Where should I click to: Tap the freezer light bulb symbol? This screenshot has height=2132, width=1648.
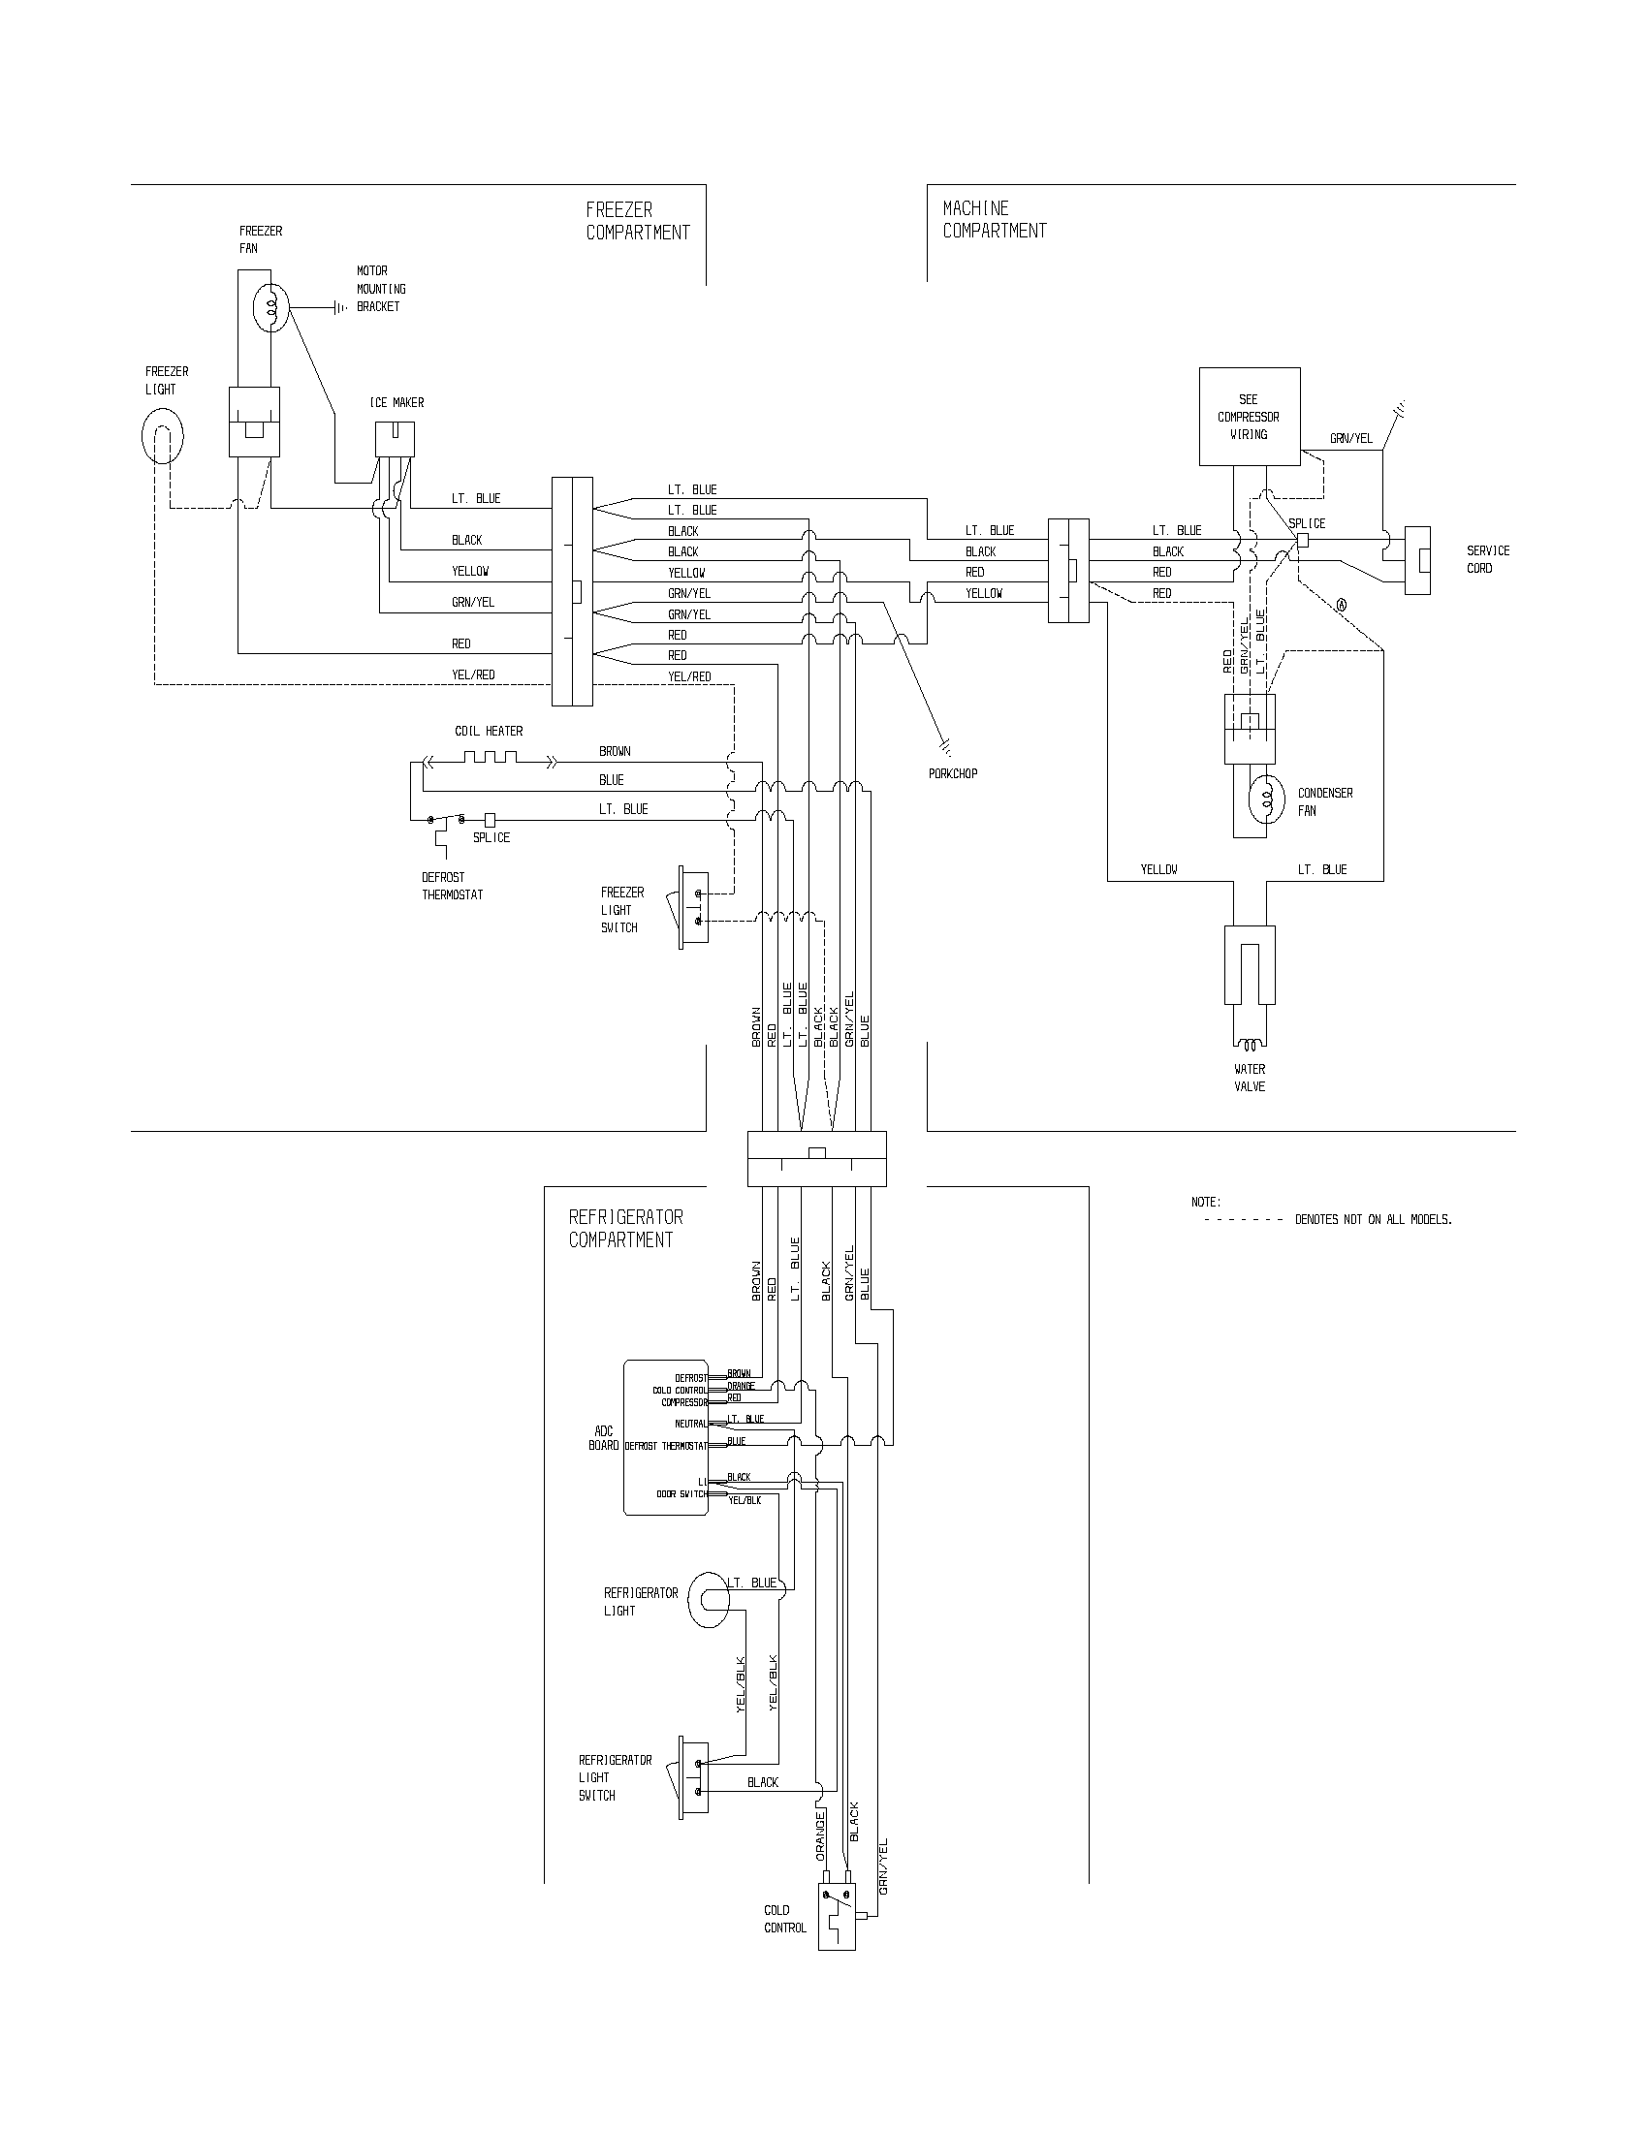coord(162,435)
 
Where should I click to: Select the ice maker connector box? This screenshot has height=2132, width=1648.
coord(395,439)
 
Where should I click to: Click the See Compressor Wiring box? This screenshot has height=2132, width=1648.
coord(1249,416)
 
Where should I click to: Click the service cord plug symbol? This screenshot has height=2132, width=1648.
coord(1417,560)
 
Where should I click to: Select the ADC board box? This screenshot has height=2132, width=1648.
coord(665,1437)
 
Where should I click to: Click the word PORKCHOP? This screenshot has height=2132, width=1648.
coord(953,773)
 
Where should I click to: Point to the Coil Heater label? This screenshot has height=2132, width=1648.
coord(489,731)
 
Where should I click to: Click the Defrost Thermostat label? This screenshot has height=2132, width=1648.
coord(452,886)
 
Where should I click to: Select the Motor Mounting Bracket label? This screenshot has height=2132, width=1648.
coord(380,289)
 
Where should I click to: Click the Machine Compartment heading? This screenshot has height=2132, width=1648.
coord(994,220)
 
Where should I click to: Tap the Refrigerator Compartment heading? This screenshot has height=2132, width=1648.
coord(626,1228)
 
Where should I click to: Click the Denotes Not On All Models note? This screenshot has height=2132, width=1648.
coord(1373,1220)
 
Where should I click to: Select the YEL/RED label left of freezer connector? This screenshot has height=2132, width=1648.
coord(472,674)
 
